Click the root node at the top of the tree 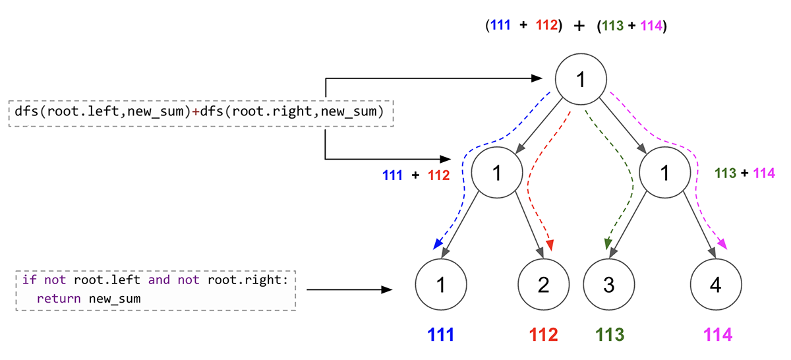click(580, 80)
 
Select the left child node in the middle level click(497, 173)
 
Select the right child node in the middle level click(665, 173)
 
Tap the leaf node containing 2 click(543, 285)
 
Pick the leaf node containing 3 click(608, 285)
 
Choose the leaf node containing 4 click(715, 285)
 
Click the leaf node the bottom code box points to click(441, 285)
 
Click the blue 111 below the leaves click(441, 335)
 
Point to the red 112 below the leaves click(543, 335)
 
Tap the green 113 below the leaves click(609, 335)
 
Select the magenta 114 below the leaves click(717, 335)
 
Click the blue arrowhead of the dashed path click(437, 245)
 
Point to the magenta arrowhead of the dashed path click(723, 245)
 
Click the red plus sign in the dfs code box click(195, 111)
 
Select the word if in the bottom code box click(29, 280)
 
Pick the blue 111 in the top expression click(501, 27)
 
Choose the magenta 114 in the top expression click(651, 27)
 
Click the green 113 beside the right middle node click(725, 173)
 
